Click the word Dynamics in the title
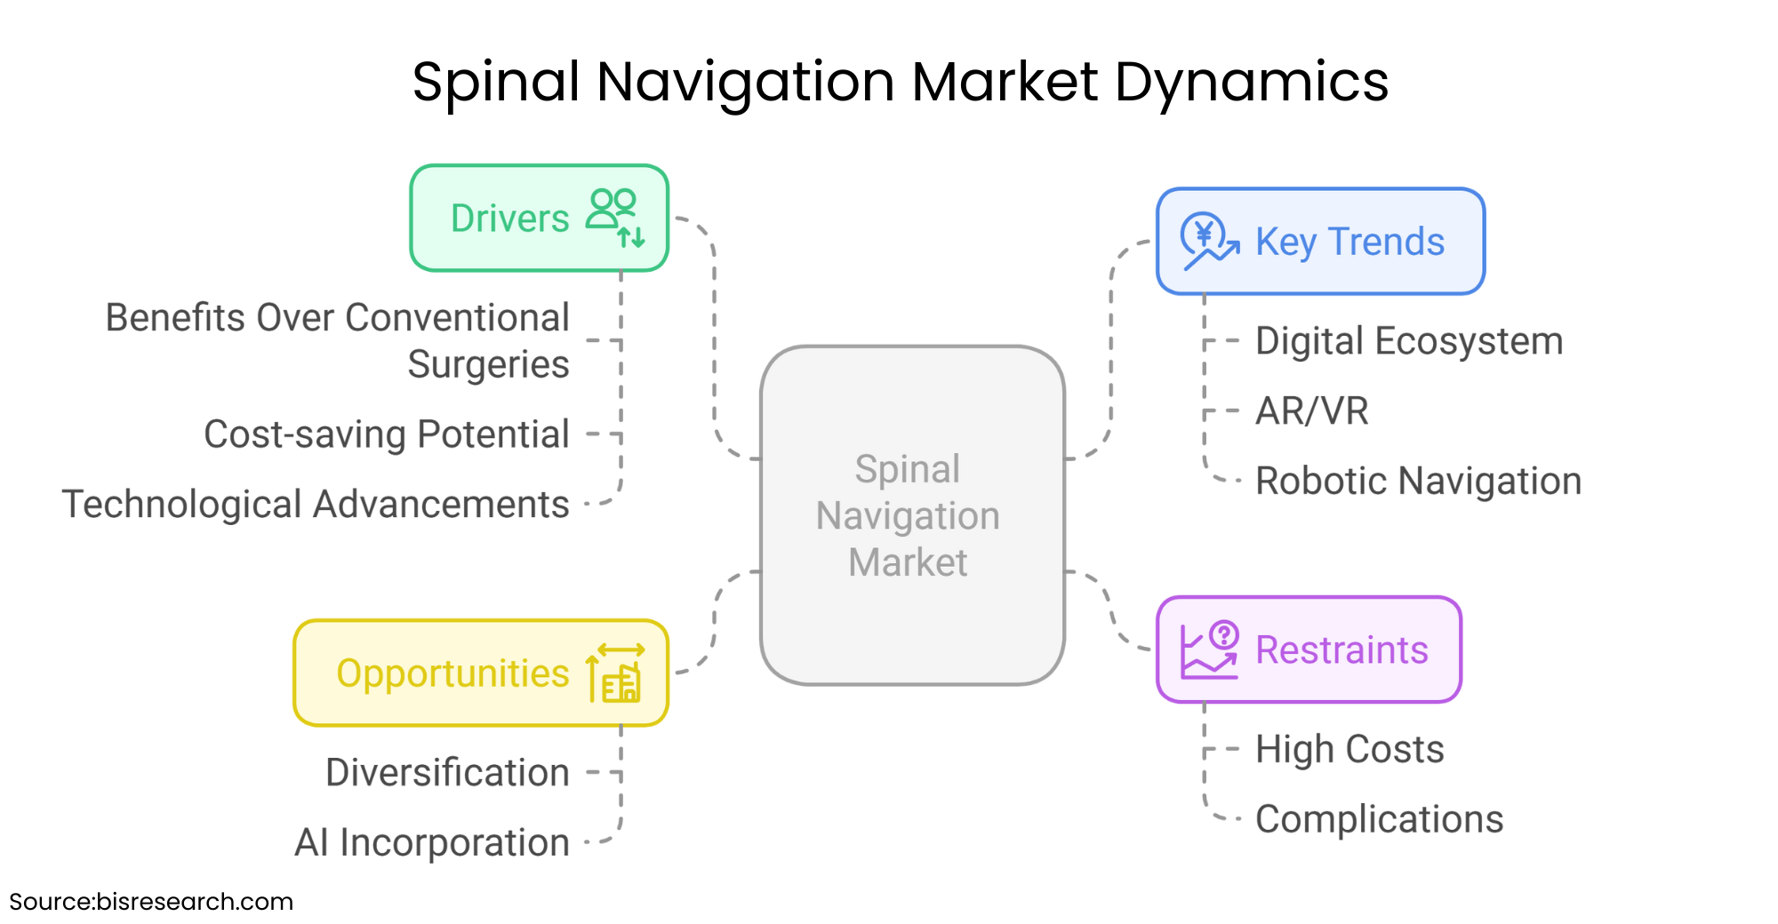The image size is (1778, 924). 1251,83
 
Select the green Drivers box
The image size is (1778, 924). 539,218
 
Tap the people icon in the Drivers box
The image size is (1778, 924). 615,217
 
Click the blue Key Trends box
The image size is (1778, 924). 1320,241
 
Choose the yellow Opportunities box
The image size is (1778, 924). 481,673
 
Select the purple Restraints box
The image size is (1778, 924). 1309,649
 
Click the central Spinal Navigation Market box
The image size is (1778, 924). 912,515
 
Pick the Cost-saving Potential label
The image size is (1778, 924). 387,434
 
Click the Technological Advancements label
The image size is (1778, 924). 316,505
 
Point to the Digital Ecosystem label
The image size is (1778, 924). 1409,341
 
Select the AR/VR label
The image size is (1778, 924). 1311,411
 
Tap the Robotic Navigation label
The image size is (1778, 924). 1418,481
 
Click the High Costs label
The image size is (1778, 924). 1350,749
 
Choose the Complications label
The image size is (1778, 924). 1379,819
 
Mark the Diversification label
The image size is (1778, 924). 447,772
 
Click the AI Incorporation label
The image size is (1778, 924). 432,842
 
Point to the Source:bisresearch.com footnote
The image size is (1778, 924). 151,902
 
